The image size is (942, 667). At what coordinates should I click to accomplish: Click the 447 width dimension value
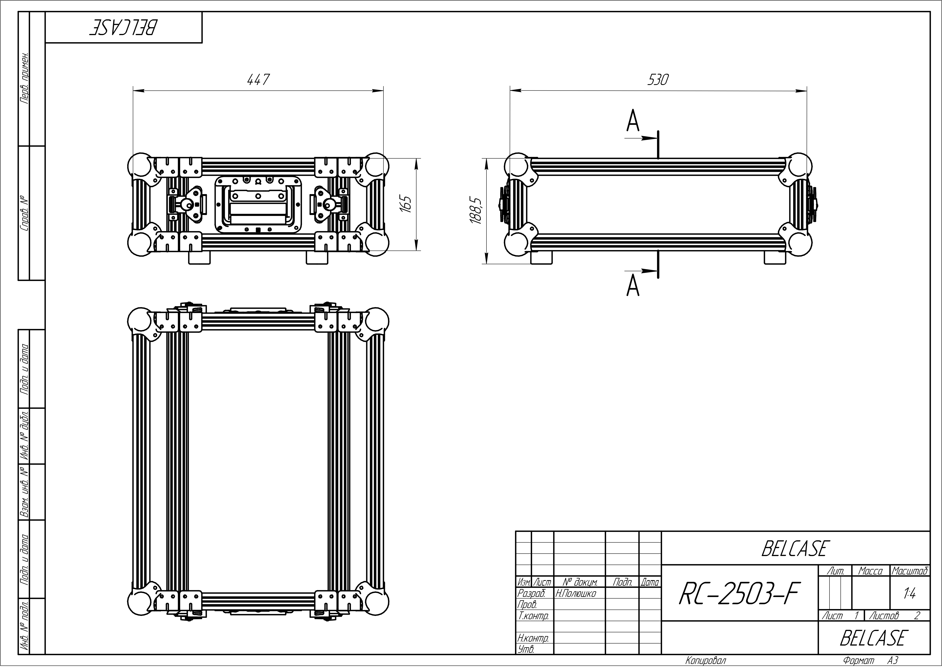tap(258, 80)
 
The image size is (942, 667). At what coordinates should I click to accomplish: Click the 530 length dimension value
tap(658, 80)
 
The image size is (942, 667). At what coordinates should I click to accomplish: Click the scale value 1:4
tap(910, 594)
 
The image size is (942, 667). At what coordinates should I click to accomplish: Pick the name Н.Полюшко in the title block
tap(575, 593)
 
